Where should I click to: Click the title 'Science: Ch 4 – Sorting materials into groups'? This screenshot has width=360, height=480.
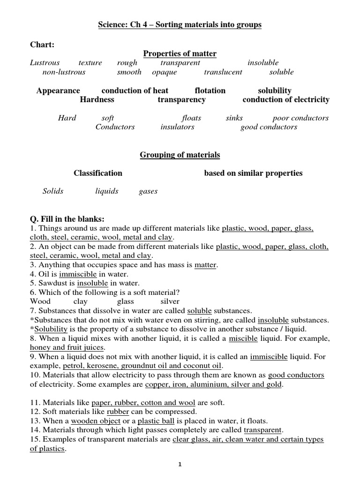[180, 25]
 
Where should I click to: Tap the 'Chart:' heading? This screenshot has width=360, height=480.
[42, 45]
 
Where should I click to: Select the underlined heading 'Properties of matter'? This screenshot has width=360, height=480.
[180, 53]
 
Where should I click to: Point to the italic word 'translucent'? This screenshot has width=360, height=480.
[223, 72]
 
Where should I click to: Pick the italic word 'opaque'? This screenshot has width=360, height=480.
[165, 72]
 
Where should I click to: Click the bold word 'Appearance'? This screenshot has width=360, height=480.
[58, 90]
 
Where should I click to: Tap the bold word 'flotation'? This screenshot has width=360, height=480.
[210, 90]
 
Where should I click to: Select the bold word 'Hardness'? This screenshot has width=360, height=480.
[97, 99]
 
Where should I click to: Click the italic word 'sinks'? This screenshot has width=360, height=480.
[234, 118]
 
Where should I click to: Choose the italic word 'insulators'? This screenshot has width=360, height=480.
[177, 127]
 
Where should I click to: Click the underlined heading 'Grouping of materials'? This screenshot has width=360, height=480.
[180, 155]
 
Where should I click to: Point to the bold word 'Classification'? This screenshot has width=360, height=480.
[98, 173]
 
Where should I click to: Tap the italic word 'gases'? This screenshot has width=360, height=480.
[148, 191]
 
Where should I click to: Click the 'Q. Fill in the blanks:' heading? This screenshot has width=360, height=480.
[67, 219]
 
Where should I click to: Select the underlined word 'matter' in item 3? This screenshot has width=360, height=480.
[205, 265]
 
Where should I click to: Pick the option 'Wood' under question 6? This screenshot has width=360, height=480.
[40, 301]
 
